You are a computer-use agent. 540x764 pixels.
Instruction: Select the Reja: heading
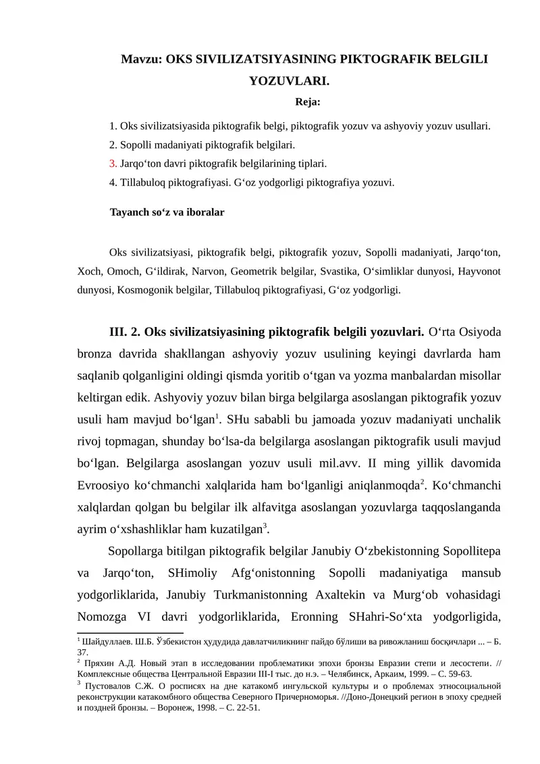pyautogui.click(x=308, y=103)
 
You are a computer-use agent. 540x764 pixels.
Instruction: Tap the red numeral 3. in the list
pyautogui.click(x=113, y=163)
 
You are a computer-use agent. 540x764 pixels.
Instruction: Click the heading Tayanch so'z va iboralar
pyautogui.click(x=167, y=212)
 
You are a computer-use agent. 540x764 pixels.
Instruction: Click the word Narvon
pyautogui.click(x=207, y=272)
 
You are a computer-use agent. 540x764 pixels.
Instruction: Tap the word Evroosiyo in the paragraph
pyautogui.click(x=108, y=486)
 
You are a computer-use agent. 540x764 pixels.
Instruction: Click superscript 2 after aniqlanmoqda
pyautogui.click(x=422, y=482)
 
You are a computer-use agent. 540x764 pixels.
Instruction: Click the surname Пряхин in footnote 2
pyautogui.click(x=99, y=663)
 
